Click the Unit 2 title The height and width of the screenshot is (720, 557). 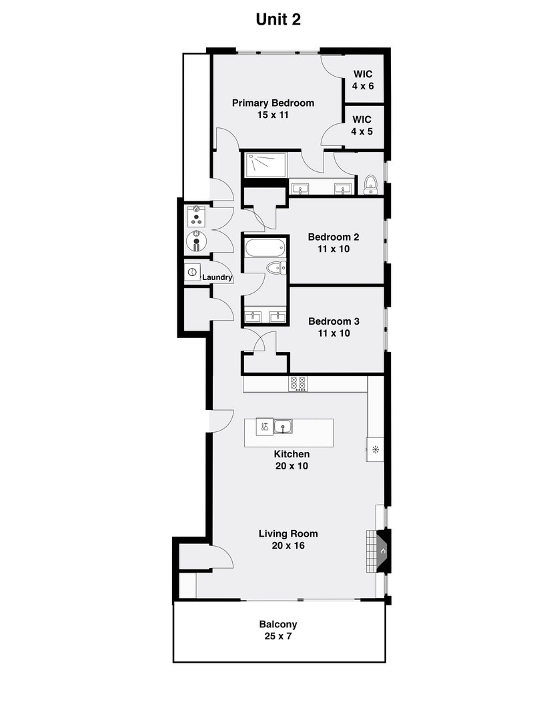(278, 20)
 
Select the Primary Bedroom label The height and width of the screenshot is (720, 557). (273, 103)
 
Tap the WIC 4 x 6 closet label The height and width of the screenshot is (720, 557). (363, 79)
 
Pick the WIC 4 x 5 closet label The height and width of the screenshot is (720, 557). (362, 125)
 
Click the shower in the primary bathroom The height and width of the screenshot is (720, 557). (265, 165)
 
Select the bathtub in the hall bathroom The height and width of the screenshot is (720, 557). (265, 249)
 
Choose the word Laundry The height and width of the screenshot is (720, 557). (217, 277)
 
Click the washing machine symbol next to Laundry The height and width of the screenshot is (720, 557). (193, 273)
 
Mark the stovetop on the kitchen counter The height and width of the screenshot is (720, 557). (298, 383)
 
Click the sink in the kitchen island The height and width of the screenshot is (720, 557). (283, 426)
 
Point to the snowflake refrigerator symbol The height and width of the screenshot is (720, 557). (376, 450)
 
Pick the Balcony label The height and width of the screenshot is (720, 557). (278, 625)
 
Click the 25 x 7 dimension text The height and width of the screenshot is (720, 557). (278, 637)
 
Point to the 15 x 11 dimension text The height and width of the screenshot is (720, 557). (273, 115)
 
